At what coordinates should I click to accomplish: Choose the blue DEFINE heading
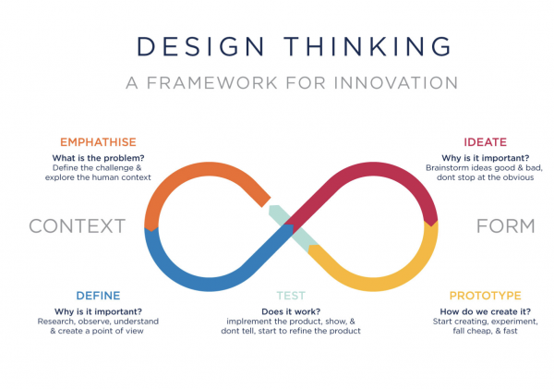[x=99, y=296]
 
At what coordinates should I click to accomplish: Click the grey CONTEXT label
[x=77, y=225]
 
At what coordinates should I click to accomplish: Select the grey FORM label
[x=505, y=225]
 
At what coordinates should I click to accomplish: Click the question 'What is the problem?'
[x=104, y=157]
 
